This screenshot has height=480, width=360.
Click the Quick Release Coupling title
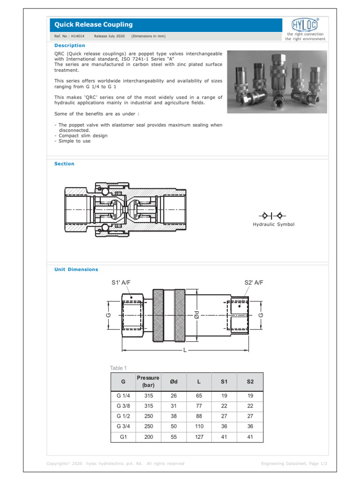(x=94, y=24)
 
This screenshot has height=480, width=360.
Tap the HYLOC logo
(x=305, y=25)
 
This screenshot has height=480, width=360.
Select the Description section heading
(x=70, y=45)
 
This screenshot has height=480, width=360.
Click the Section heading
(x=64, y=164)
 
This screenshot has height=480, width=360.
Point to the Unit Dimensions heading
(x=76, y=270)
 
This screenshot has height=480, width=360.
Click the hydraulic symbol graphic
(x=273, y=216)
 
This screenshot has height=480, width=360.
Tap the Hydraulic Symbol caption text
(x=274, y=225)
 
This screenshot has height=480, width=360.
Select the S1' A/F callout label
(x=121, y=283)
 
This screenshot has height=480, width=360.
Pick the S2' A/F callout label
(x=254, y=283)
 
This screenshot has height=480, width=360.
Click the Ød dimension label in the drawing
(x=197, y=315)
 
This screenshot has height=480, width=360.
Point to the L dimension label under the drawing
(x=185, y=351)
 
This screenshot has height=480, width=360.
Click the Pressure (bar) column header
(x=148, y=382)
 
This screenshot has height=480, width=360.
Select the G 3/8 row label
(x=123, y=406)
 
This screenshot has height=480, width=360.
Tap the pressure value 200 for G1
(x=149, y=437)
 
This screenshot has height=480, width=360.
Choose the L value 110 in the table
(x=199, y=427)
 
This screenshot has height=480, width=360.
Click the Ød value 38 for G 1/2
(x=173, y=416)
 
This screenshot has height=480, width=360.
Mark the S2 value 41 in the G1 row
(x=250, y=437)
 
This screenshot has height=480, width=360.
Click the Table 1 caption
(x=118, y=368)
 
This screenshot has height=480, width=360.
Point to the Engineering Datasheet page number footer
(x=292, y=464)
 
